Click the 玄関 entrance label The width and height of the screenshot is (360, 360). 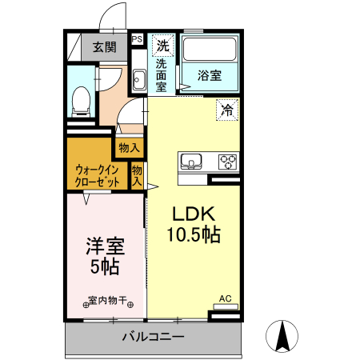(x=103, y=46)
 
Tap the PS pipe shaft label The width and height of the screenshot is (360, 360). (x=137, y=38)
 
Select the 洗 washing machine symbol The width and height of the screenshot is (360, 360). (x=162, y=45)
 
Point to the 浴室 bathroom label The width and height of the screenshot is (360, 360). (x=210, y=77)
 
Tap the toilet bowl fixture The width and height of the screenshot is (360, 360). (x=80, y=99)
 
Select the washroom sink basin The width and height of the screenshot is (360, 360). (x=138, y=80)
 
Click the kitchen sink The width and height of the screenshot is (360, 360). (x=192, y=162)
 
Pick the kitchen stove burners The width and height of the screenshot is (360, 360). (x=227, y=162)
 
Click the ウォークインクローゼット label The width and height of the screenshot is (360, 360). (x=98, y=175)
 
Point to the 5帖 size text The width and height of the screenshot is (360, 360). (x=105, y=266)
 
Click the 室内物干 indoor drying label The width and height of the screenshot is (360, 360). (x=107, y=301)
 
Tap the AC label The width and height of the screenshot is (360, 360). (x=225, y=299)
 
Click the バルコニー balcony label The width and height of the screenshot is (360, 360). (x=153, y=337)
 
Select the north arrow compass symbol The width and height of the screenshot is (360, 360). (x=282, y=335)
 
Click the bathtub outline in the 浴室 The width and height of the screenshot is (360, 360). (x=210, y=50)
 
